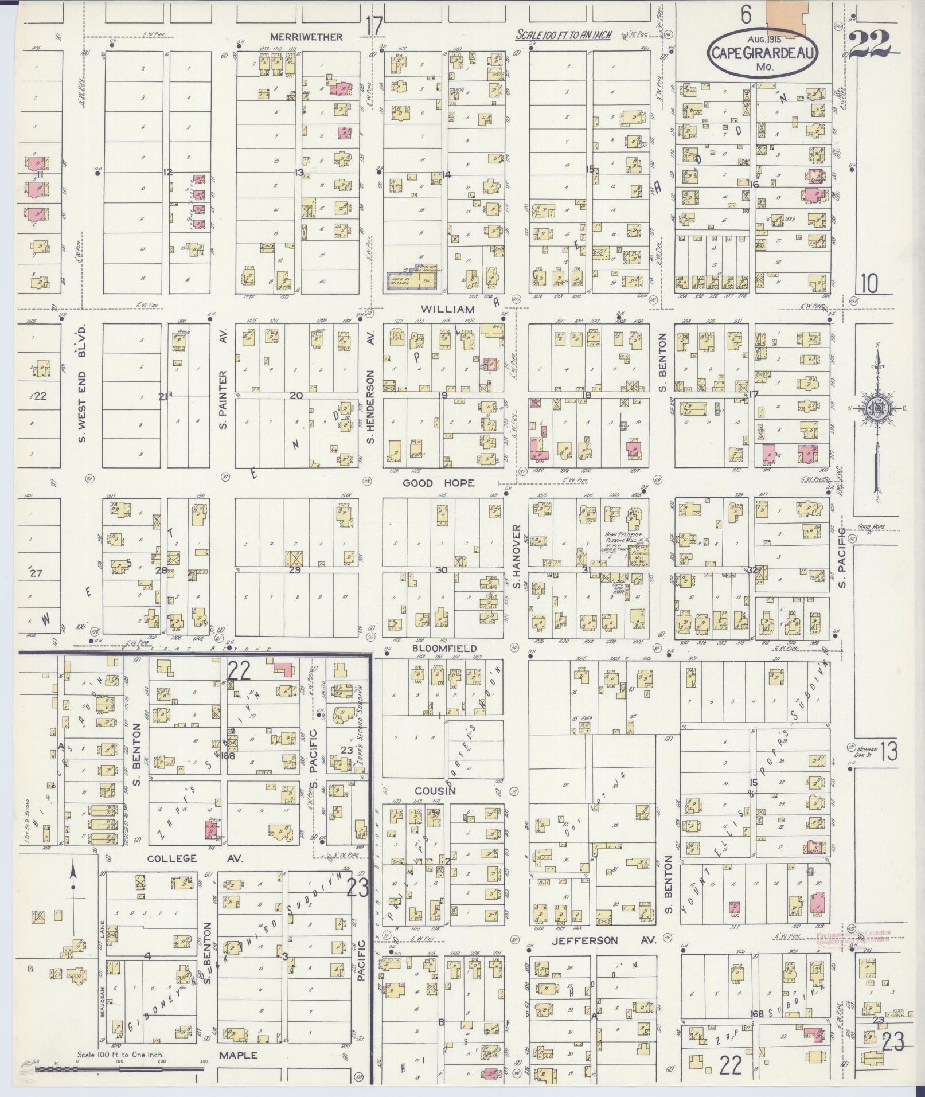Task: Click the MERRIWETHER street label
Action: (x=306, y=37)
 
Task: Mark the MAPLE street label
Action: (x=238, y=1055)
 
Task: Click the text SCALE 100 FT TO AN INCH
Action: (x=564, y=35)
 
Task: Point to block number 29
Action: (x=295, y=570)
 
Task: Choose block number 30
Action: (x=441, y=570)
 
